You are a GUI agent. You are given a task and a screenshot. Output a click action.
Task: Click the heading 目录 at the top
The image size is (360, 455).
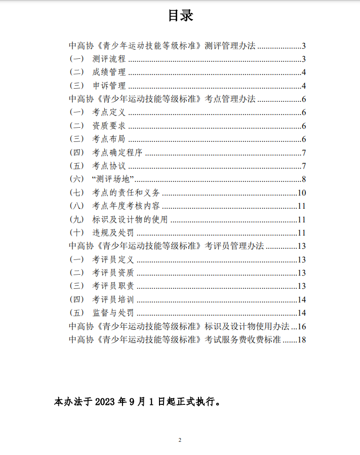pyautogui.click(x=180, y=16)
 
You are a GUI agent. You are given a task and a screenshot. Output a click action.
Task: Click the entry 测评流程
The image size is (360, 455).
pyautogui.click(x=109, y=59)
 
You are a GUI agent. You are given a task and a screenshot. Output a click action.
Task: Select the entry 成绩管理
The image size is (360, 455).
pyautogui.click(x=109, y=72)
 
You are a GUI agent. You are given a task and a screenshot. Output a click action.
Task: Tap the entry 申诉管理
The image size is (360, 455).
pyautogui.click(x=109, y=85)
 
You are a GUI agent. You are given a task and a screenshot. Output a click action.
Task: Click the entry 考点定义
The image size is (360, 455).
pyautogui.click(x=109, y=112)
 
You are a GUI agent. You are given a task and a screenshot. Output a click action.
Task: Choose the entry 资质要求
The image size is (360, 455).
pyautogui.click(x=109, y=126)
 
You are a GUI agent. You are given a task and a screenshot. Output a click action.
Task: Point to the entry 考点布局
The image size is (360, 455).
pyautogui.click(x=109, y=139)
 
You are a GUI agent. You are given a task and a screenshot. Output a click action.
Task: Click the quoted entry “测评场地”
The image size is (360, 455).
pyautogui.click(x=112, y=179)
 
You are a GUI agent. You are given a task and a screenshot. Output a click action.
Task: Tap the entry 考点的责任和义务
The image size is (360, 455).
pyautogui.click(x=126, y=193)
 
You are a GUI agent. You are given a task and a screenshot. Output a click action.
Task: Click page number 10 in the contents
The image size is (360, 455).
pyautogui.click(x=302, y=193)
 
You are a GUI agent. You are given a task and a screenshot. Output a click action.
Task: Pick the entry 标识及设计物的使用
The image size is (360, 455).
pyautogui.click(x=130, y=219)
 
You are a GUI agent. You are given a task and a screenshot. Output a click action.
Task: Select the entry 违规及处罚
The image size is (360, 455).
pyautogui.click(x=113, y=233)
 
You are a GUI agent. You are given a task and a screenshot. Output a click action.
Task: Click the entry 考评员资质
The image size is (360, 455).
pyautogui.click(x=113, y=273)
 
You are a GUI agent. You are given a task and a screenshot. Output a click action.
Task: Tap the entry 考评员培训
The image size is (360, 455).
pyautogui.click(x=113, y=299)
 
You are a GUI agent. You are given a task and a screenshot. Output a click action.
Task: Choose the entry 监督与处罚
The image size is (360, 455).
pyautogui.click(x=113, y=313)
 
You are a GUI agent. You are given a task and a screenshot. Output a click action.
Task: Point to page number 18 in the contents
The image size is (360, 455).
pyautogui.click(x=302, y=339)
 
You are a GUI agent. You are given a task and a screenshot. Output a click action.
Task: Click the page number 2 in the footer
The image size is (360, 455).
pyautogui.click(x=180, y=440)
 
